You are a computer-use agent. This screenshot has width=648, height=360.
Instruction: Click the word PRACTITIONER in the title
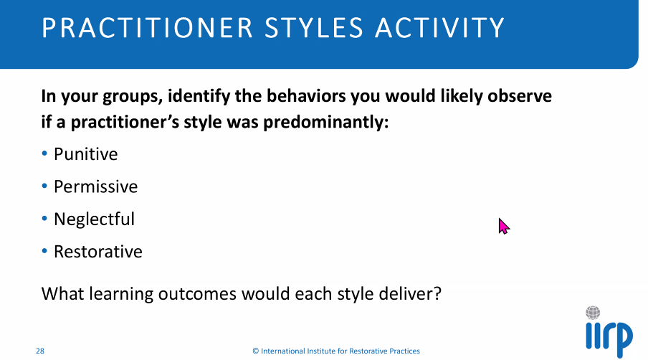coord(147,28)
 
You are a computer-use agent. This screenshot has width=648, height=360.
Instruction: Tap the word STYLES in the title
coord(314,28)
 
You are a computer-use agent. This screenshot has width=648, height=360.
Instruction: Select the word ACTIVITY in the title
coord(439,28)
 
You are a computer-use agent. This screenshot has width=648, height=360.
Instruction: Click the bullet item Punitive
coord(85,154)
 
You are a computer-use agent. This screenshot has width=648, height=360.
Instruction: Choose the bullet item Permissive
coord(95,187)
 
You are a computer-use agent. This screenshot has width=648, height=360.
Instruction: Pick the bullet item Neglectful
coord(94,219)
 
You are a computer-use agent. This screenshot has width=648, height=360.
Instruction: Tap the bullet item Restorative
coord(98,251)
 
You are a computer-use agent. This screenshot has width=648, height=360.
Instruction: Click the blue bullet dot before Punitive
coord(44,153)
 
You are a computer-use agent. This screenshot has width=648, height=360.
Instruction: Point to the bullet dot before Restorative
coord(44,251)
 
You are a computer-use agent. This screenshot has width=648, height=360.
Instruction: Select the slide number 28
coord(40,351)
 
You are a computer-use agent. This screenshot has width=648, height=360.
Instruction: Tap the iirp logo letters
coord(609,338)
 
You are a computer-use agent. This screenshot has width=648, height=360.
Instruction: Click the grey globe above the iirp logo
coord(593,313)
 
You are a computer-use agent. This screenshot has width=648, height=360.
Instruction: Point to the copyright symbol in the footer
coord(256,351)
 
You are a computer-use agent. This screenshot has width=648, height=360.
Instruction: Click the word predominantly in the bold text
coord(326,123)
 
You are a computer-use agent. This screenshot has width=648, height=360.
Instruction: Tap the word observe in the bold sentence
coord(520,96)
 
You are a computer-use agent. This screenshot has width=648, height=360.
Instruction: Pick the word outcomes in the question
coord(197,294)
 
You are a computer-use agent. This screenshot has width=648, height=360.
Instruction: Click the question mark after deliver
coord(437,293)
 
